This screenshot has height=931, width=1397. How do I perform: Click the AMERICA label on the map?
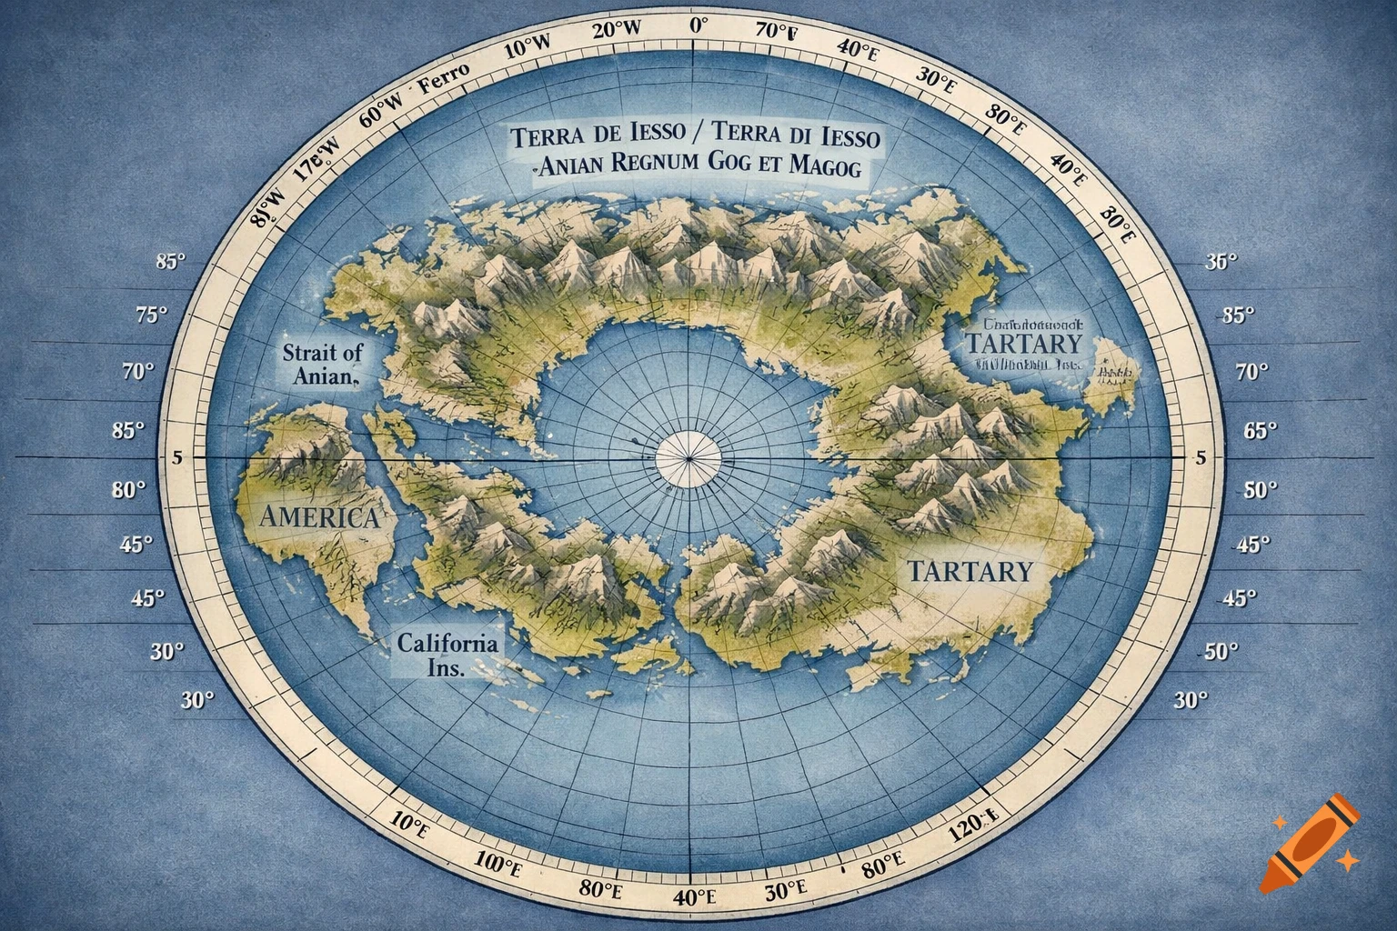(319, 517)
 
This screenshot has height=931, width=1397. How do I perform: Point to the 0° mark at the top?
(698, 25)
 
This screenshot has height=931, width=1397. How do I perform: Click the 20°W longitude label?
(616, 30)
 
